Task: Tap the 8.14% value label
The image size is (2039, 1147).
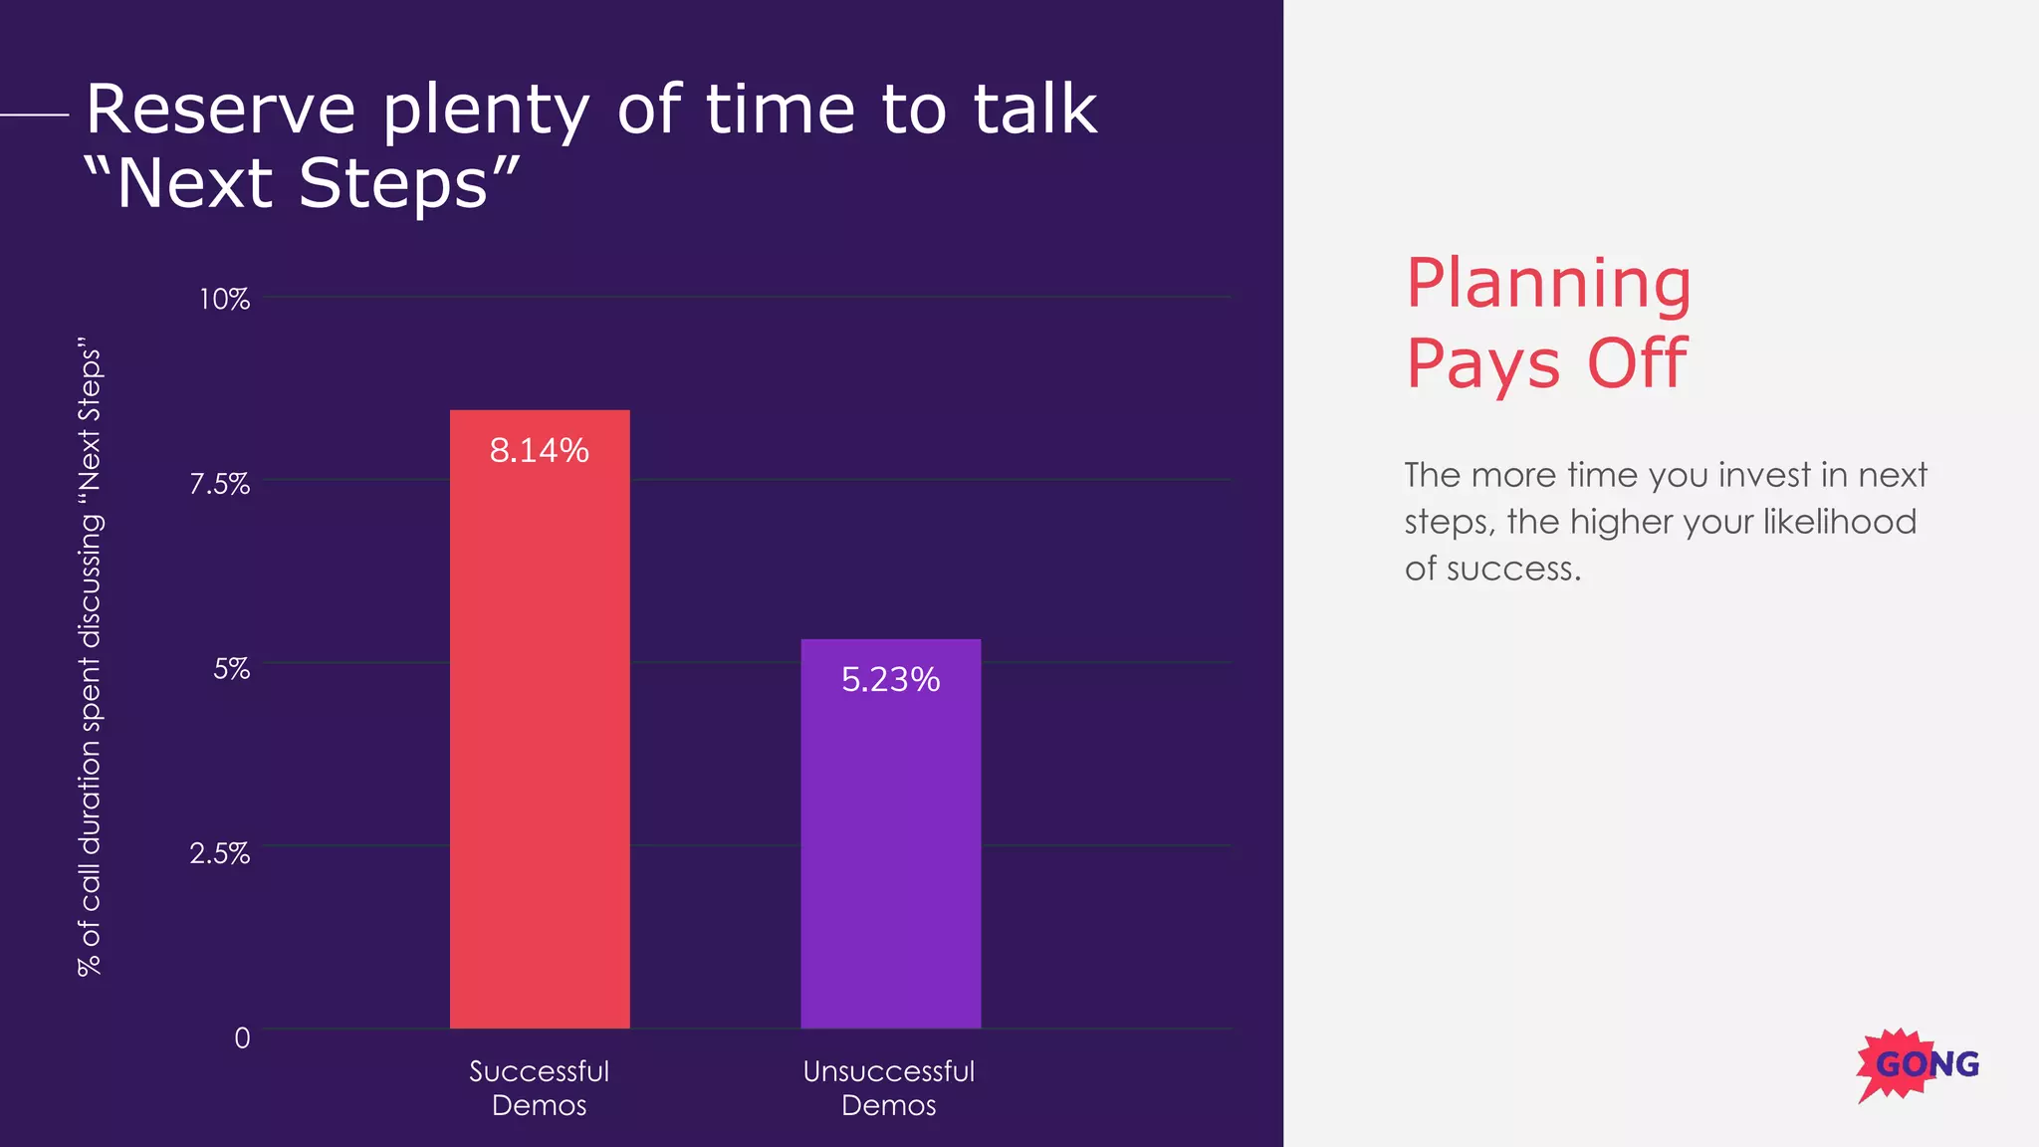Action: point(539,451)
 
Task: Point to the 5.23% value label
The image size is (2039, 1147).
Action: point(890,680)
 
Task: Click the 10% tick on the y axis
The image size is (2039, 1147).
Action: point(224,299)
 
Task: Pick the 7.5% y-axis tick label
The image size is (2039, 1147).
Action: point(220,484)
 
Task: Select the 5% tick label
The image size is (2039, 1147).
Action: point(231,668)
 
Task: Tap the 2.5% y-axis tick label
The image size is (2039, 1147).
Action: point(220,853)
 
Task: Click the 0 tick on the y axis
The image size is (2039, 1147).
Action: point(242,1037)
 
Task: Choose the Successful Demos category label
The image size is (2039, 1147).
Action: point(539,1087)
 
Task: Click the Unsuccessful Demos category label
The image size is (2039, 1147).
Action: point(888,1087)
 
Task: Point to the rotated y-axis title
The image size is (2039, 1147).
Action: point(90,657)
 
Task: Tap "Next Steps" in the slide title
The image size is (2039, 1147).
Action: point(302,183)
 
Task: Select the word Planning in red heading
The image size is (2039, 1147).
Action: point(1547,284)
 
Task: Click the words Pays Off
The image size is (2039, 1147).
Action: point(1545,363)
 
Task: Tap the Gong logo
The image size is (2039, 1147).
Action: point(1917,1064)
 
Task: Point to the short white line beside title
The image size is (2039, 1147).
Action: point(35,115)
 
